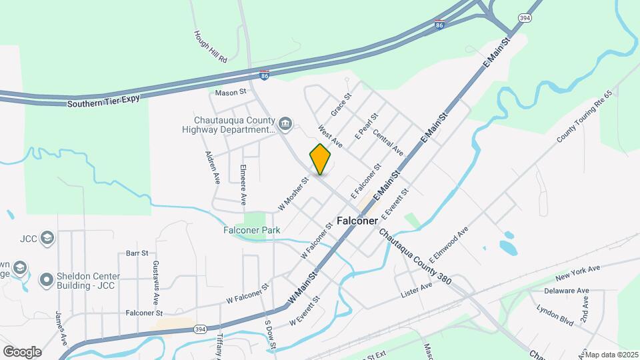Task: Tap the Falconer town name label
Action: point(357,220)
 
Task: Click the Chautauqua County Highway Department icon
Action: point(285,123)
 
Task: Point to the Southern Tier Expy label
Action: point(100,103)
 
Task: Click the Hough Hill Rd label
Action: point(211,46)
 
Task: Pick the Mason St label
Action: point(230,91)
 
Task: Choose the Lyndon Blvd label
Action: point(555,315)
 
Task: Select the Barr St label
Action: point(136,254)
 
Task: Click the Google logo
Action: point(22,351)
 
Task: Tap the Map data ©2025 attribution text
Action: point(611,355)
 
